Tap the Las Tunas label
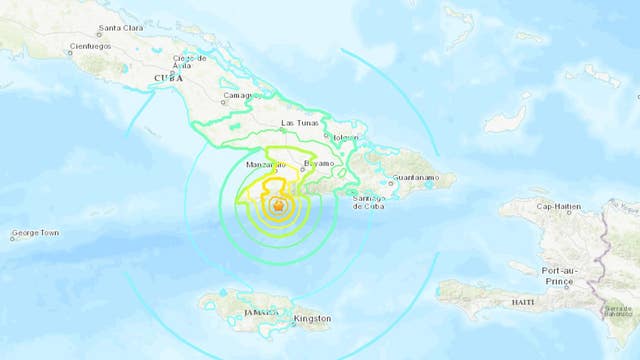[301, 123]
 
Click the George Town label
[35, 234]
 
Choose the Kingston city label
[312, 320]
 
